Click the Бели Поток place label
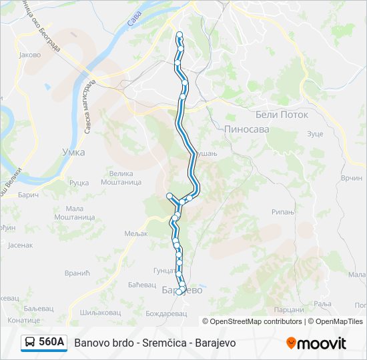click(282, 115)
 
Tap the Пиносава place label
click(246, 129)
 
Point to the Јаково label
click(30, 55)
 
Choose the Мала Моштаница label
click(75, 212)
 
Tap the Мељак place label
click(135, 233)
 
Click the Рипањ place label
click(283, 211)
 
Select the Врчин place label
click(351, 179)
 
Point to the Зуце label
click(315, 134)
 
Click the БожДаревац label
click(164, 311)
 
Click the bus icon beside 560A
click(30, 343)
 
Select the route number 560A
click(51, 343)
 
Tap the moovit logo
click(316, 343)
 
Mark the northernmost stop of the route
click(179, 34)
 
